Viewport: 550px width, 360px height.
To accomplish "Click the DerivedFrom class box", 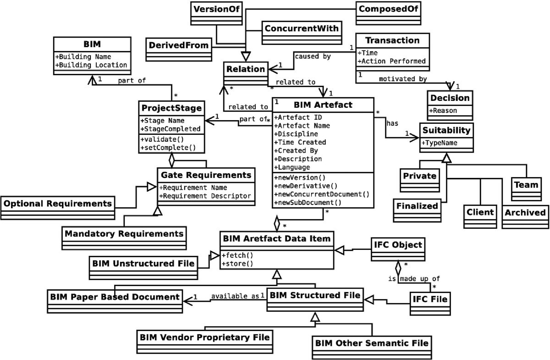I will point(179,46).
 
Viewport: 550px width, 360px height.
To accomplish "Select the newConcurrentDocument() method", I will point(321,194).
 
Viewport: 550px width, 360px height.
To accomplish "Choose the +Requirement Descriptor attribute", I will point(205,196).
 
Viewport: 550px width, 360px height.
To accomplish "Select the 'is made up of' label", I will point(406,278).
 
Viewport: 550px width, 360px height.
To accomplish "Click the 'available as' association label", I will point(235,296).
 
